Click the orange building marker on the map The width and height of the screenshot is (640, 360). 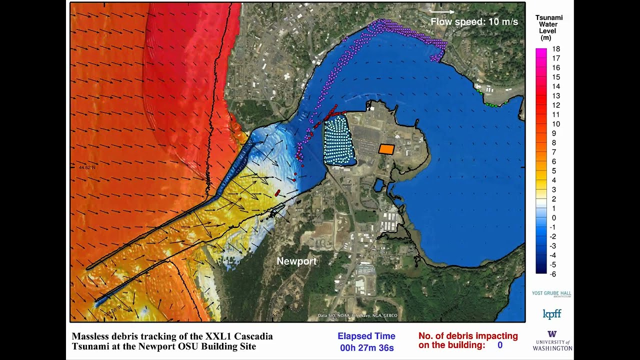[386, 149]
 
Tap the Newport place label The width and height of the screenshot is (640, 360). [296, 261]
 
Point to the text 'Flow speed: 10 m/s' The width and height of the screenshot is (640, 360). [474, 22]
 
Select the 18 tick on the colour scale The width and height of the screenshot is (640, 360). [556, 49]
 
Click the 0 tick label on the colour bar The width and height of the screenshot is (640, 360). [554, 218]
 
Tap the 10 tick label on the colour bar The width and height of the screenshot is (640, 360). [556, 124]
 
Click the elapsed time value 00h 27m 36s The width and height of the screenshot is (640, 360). [366, 348]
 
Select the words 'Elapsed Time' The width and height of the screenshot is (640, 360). [366, 336]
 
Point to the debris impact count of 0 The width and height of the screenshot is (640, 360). [499, 345]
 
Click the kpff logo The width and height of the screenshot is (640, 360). [552, 314]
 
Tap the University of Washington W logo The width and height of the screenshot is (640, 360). [552, 334]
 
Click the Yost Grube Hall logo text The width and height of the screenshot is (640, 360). [551, 293]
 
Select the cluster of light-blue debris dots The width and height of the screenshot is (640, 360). [339, 140]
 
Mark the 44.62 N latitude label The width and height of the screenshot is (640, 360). [86, 167]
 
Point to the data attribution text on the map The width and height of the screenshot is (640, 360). [357, 315]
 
